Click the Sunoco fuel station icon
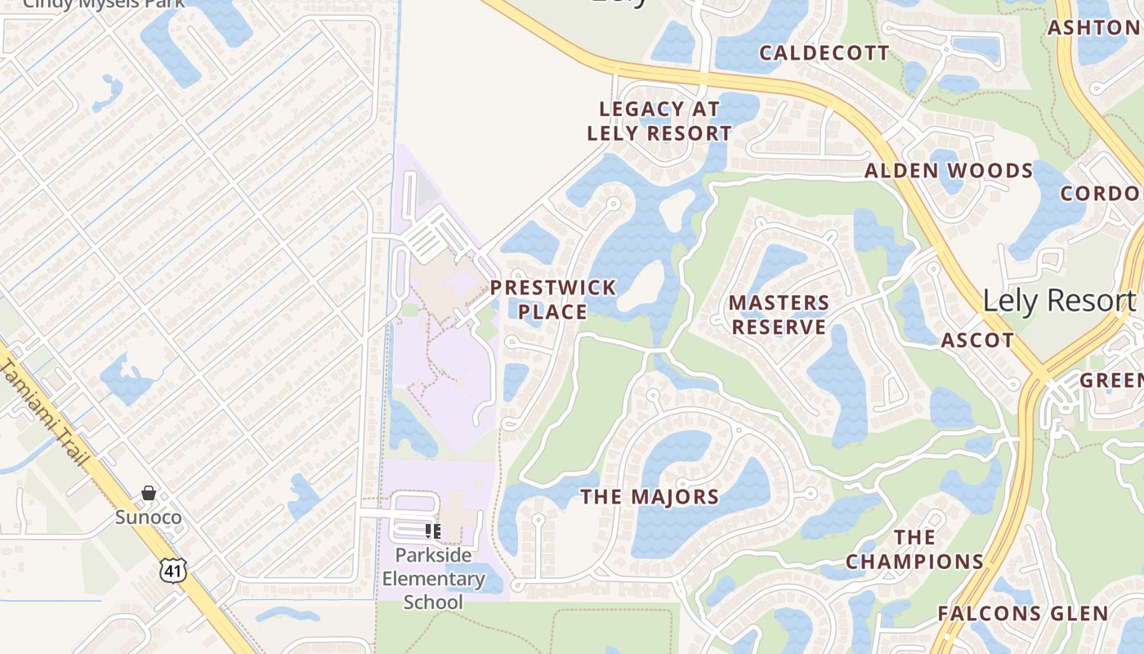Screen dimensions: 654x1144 (x=149, y=493)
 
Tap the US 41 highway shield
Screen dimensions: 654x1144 (x=173, y=570)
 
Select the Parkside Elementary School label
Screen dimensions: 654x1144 (x=433, y=579)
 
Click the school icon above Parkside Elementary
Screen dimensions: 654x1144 (x=433, y=531)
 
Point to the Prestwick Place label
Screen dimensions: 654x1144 (x=553, y=299)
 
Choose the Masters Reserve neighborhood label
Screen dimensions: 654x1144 (x=779, y=315)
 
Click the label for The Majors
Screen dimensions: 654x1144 (x=650, y=496)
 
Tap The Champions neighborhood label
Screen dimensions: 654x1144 (x=914, y=549)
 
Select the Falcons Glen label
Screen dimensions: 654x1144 (x=1022, y=613)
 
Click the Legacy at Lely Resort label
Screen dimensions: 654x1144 (x=659, y=120)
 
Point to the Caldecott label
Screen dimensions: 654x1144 (x=824, y=53)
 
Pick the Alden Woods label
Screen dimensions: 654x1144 (x=949, y=171)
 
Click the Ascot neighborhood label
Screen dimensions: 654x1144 (x=977, y=340)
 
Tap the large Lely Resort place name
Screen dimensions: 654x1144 (x=1059, y=301)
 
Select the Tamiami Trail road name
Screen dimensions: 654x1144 (x=45, y=412)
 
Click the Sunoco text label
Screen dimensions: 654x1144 (x=148, y=517)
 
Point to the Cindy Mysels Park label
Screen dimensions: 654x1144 (x=103, y=3)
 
